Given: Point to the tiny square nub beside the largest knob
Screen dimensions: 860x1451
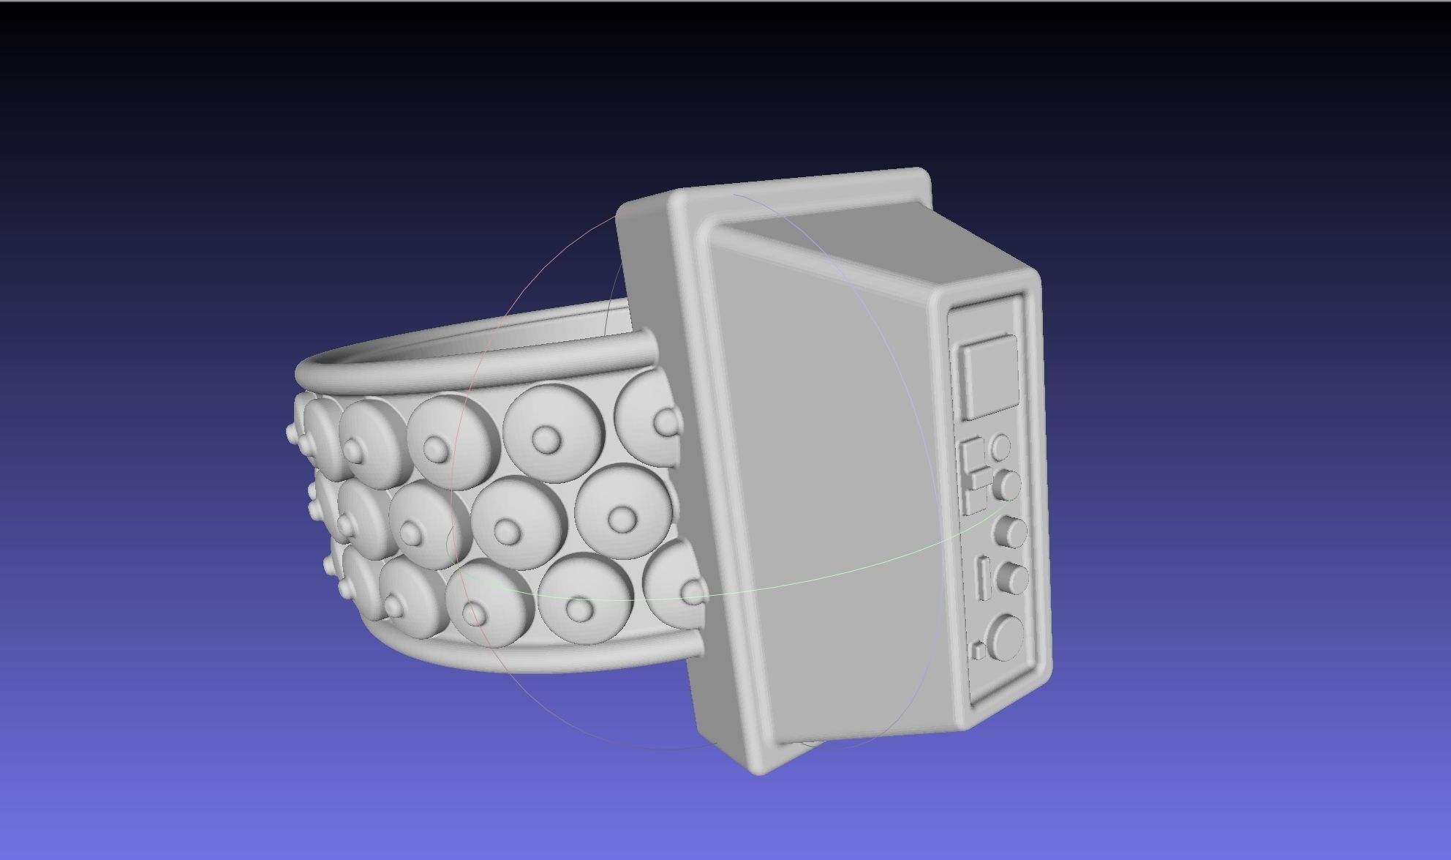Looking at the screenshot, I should [x=978, y=650].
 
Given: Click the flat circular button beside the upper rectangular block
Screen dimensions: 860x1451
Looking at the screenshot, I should [x=1000, y=446].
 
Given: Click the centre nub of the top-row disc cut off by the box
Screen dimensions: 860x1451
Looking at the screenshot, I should [x=666, y=423].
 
